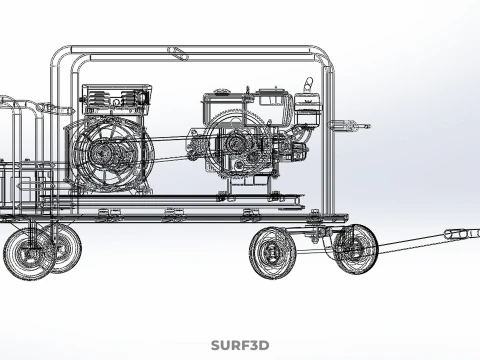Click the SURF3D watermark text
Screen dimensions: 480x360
[x=240, y=345]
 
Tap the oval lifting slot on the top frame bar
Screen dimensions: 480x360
[x=178, y=54]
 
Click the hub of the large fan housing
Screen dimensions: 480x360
[x=101, y=153]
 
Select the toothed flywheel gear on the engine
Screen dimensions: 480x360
[x=239, y=144]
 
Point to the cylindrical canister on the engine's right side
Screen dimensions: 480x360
[x=308, y=109]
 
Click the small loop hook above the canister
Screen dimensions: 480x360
[x=308, y=83]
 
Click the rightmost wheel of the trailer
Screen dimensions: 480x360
[x=355, y=249]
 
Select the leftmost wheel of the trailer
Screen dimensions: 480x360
[x=29, y=254]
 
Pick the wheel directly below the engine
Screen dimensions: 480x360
[x=273, y=252]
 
